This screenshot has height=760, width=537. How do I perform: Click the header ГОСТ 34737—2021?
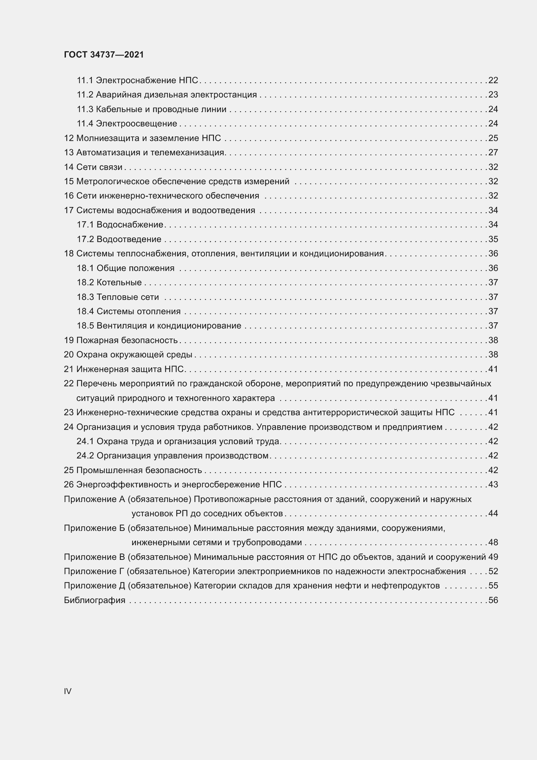[x=104, y=55]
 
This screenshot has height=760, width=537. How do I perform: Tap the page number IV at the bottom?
[x=68, y=691]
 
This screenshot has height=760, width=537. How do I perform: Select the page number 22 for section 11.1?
[x=493, y=80]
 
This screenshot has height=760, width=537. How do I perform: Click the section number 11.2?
[x=85, y=95]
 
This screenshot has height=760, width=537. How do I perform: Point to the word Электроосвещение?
[x=137, y=123]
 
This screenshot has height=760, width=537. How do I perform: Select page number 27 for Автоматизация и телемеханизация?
[x=493, y=152]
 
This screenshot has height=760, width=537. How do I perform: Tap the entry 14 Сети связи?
[x=93, y=167]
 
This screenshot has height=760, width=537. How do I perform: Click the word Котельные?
[x=119, y=282]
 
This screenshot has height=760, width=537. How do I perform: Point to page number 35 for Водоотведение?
[x=493, y=239]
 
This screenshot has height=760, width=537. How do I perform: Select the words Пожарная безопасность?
[x=127, y=340]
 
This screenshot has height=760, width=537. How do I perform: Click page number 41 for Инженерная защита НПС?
[x=493, y=369]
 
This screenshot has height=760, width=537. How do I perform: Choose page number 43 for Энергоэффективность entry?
[x=493, y=484]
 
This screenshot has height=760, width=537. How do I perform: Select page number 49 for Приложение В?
[x=493, y=557]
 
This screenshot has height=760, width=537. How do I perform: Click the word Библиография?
[x=94, y=600]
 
